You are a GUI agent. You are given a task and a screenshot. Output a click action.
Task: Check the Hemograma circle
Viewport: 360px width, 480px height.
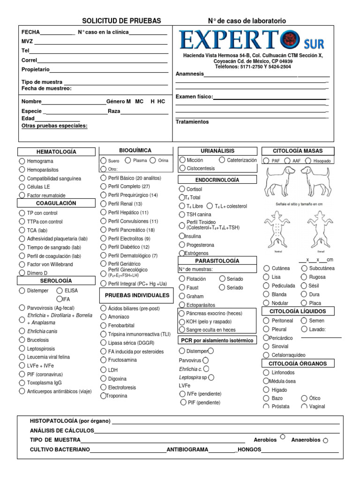22,161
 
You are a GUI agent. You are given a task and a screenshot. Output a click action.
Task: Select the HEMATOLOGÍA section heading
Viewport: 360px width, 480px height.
56,152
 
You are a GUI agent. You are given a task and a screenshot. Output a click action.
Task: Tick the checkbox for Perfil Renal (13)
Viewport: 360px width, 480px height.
103,204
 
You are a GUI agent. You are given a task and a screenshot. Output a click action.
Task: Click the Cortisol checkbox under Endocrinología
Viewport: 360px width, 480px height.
182,189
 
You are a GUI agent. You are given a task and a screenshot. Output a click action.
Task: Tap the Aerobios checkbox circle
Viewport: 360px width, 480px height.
283,437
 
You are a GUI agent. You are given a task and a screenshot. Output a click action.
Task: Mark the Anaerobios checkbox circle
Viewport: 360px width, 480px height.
326,440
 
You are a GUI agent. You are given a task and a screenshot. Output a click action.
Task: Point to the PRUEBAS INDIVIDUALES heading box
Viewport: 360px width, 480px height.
136,296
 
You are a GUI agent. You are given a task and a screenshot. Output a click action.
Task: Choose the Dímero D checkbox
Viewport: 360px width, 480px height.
22,273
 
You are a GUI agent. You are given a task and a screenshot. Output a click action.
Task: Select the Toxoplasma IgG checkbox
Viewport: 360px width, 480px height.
22,383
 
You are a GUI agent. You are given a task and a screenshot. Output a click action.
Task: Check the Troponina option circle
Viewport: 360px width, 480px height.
103,396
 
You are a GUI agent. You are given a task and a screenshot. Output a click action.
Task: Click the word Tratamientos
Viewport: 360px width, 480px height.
192,122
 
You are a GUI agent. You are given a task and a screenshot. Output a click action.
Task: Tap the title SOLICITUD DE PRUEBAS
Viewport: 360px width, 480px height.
121,21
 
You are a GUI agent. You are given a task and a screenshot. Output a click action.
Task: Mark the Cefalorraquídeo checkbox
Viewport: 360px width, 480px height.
266,355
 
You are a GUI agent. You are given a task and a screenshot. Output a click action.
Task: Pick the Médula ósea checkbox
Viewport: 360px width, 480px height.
266,381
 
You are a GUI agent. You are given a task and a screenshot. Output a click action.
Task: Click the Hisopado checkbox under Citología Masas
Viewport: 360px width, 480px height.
308,161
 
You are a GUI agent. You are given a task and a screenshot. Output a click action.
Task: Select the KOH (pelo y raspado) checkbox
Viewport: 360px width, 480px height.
182,322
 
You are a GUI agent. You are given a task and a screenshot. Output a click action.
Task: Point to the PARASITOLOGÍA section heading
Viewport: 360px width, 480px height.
217,261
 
